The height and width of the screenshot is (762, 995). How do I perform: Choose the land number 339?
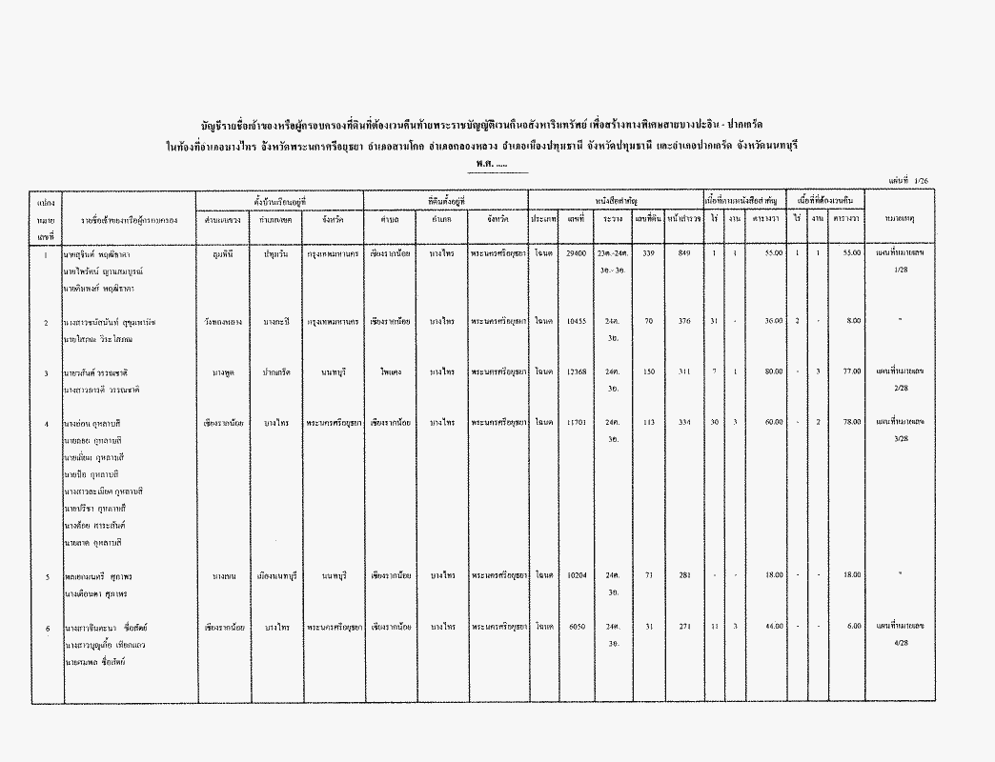pos(648,253)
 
